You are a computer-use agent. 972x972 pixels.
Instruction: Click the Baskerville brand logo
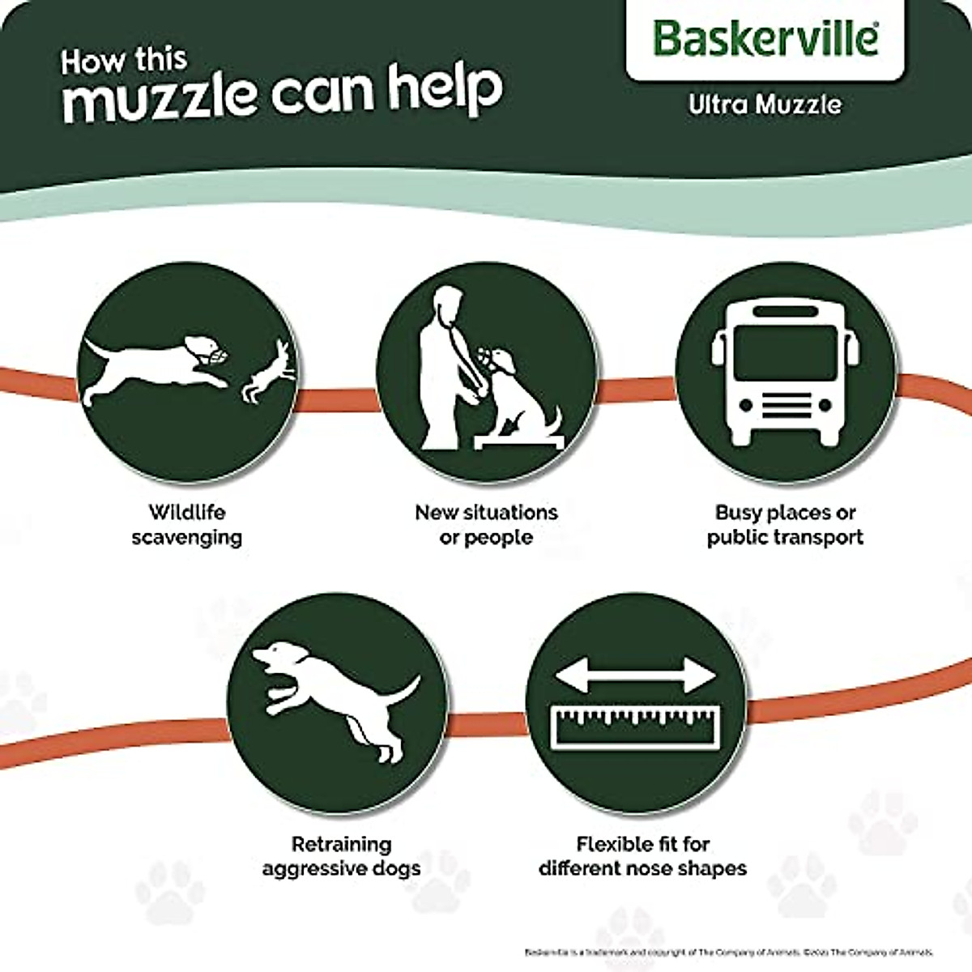(765, 38)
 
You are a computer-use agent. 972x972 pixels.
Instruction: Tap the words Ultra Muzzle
(765, 104)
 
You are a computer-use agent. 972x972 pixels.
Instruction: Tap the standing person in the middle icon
(446, 356)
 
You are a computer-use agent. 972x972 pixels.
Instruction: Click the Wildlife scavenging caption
(187, 525)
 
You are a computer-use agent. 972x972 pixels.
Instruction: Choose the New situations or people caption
(486, 525)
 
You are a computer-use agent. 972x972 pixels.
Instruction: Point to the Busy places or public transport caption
(785, 525)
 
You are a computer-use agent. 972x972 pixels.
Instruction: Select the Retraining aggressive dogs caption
(341, 856)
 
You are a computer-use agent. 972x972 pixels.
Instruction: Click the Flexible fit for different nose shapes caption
(643, 856)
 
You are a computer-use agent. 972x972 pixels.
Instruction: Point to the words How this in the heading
(124, 61)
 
